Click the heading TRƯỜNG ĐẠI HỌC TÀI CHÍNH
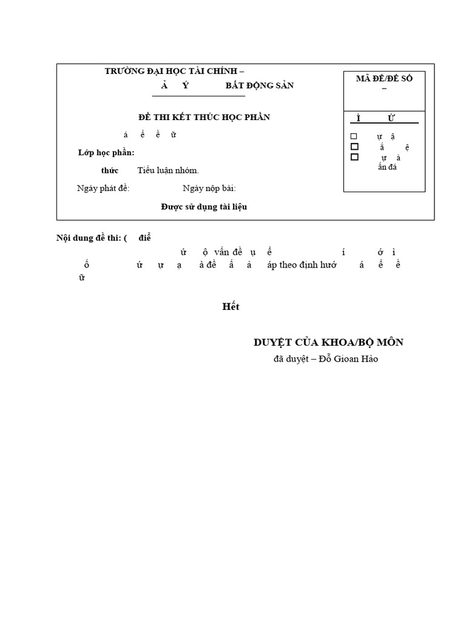point(175,71)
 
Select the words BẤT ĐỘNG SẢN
point(260,86)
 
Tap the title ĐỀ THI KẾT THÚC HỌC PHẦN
point(204,116)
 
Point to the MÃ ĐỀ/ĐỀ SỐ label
point(383,79)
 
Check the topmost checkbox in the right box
point(354,136)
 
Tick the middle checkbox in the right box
point(354,147)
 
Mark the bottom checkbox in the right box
point(354,157)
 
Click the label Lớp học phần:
point(106,152)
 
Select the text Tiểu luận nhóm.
point(168,170)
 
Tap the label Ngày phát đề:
point(103,188)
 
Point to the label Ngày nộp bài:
point(209,188)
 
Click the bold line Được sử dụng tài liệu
point(204,207)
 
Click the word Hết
point(231,307)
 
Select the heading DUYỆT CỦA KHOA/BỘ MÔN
point(328,343)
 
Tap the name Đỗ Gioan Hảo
point(352,359)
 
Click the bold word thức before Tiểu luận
point(110,170)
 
